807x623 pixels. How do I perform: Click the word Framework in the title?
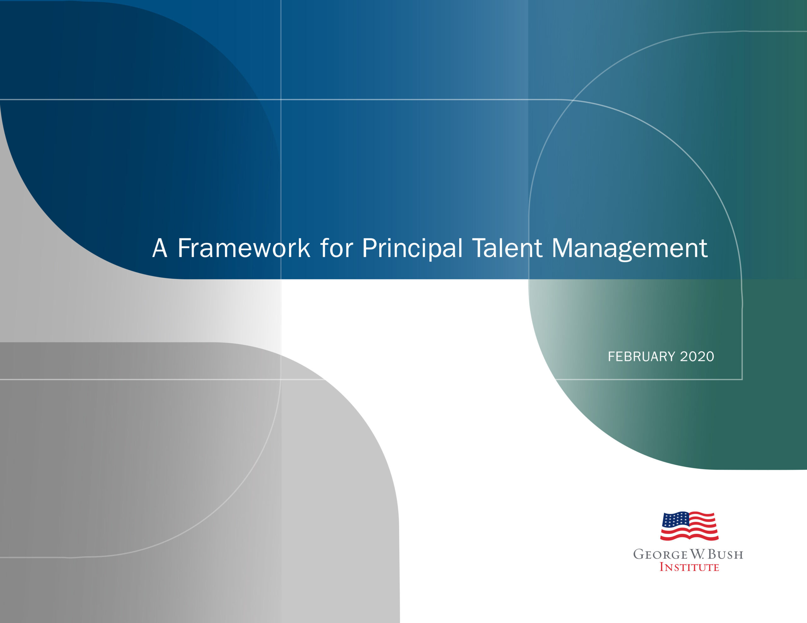pos(244,248)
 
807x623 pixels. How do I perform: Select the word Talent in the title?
pos(507,248)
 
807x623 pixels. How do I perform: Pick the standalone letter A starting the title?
pos(160,248)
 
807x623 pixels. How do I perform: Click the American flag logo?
pos(689,526)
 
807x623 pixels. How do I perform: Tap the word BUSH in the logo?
pos(725,554)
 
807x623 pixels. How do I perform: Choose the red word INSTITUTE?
pos(689,567)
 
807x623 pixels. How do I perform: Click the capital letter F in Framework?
pos(184,248)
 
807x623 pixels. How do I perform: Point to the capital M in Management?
pos(562,248)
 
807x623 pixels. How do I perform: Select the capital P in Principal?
pos(369,248)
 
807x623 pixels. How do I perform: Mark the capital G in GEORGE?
pos(639,554)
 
